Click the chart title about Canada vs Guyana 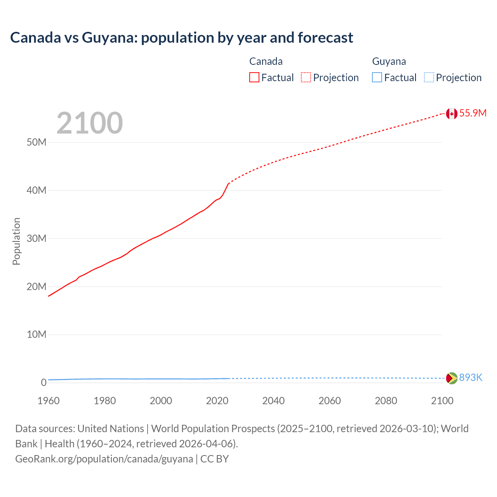coord(181,38)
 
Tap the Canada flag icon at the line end coord(451,113)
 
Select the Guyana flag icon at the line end coord(451,378)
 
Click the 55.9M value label coord(473,113)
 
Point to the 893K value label coord(471,377)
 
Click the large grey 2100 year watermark coord(90,123)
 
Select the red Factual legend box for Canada coord(254,78)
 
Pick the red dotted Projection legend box coord(306,78)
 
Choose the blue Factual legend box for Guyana coord(377,78)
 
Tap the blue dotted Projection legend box coord(429,78)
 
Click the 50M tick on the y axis coord(36,142)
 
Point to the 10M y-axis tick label coord(36,335)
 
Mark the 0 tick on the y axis coord(43,383)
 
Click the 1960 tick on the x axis coord(49,401)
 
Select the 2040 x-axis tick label coord(273,401)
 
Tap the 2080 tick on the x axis coord(386,401)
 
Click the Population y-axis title coord(16,241)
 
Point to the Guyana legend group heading coord(389,61)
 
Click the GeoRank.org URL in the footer coord(104,459)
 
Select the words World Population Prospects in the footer coord(213,429)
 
